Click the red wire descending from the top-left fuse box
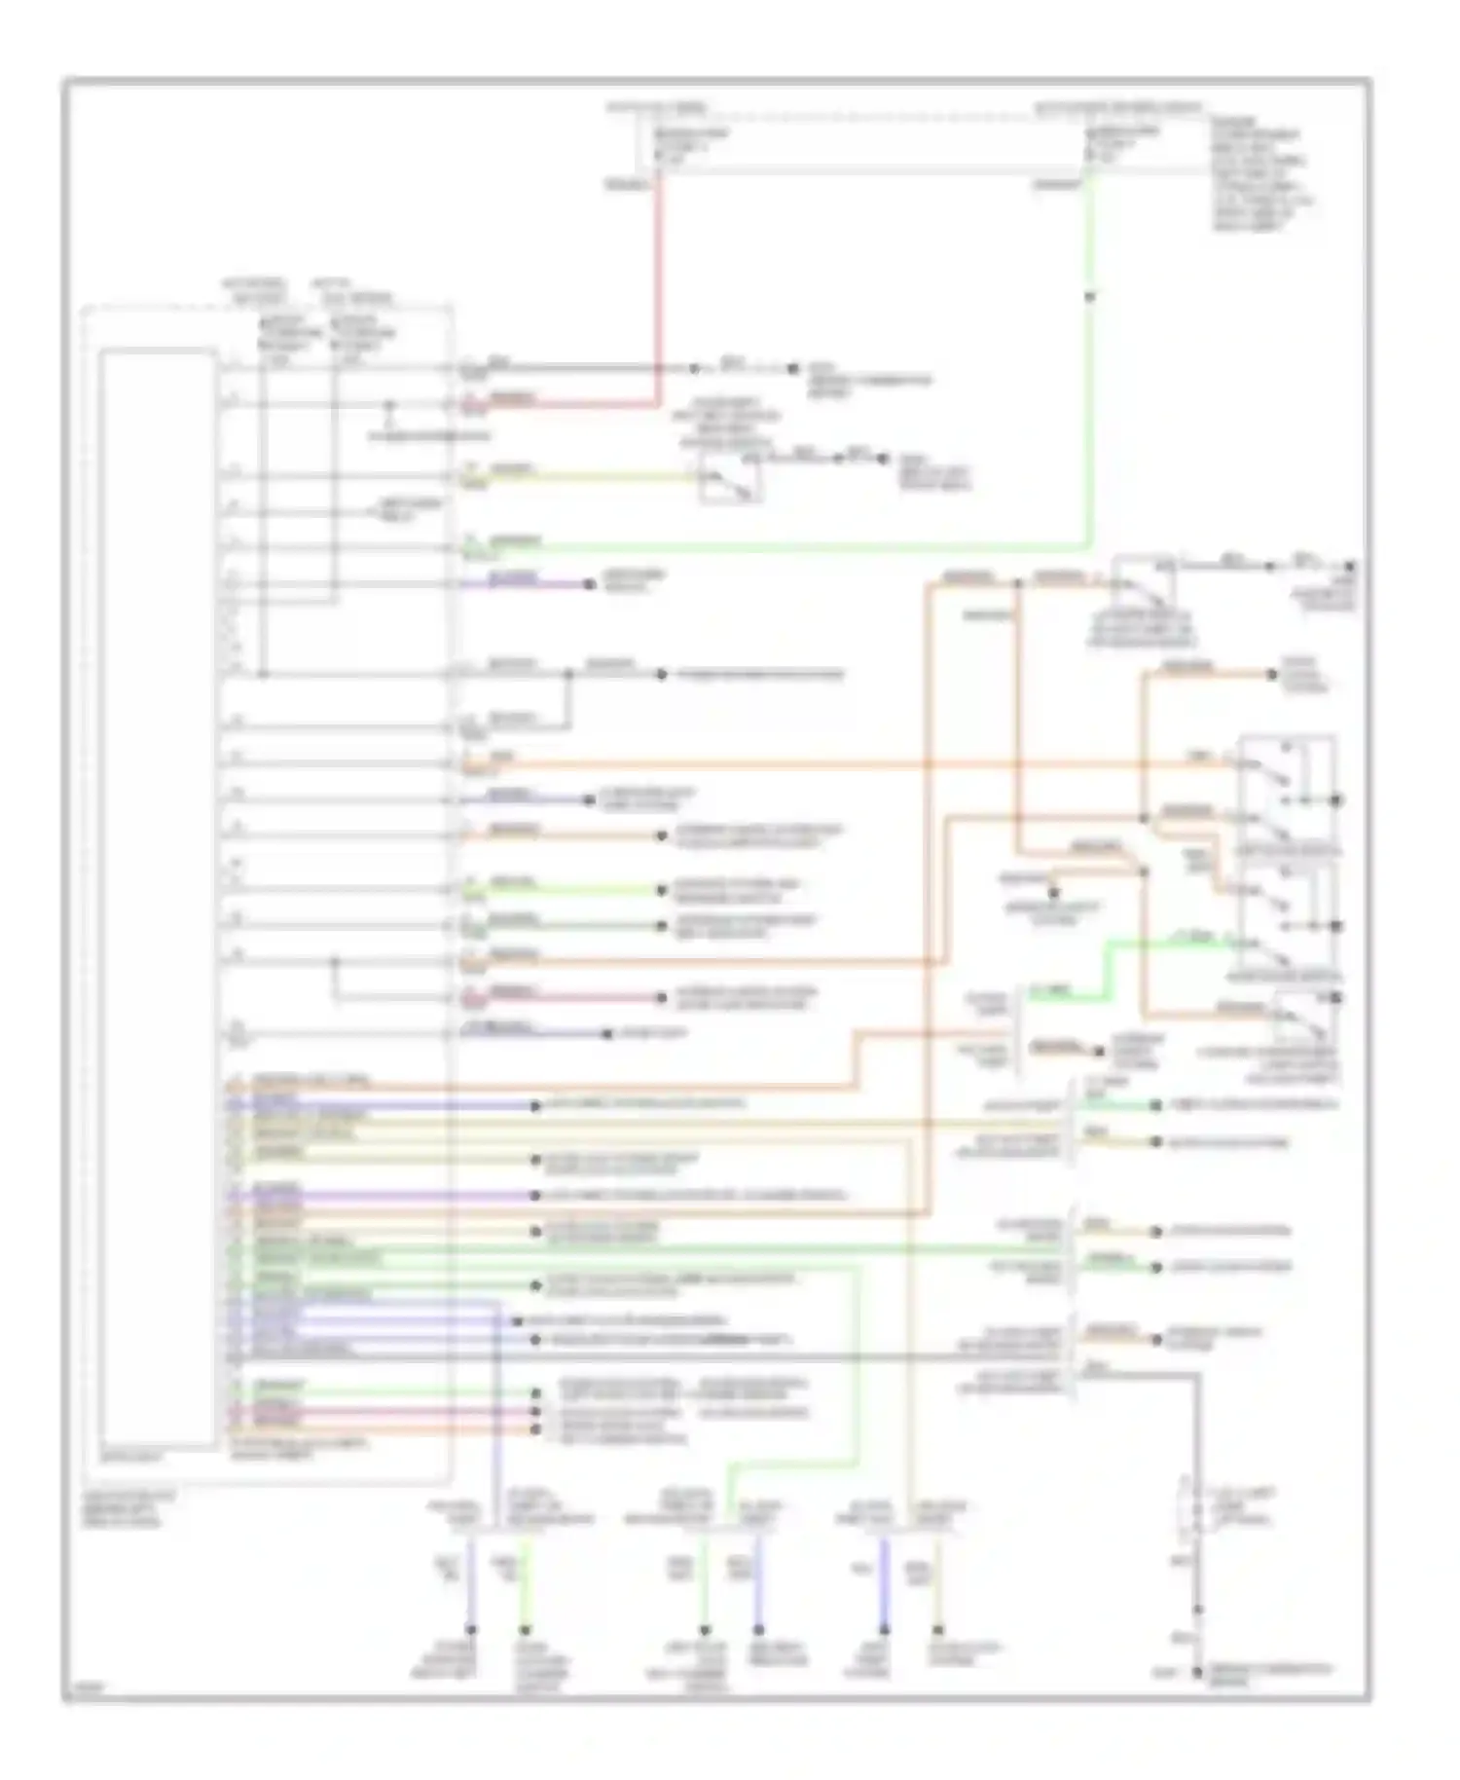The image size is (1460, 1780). coord(660,292)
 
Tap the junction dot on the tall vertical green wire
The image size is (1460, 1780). coord(1089,297)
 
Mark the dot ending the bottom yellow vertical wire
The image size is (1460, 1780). coord(938,1629)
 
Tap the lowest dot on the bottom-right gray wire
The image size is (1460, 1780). coord(1199,1673)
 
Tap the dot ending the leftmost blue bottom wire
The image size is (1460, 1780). coord(471,1629)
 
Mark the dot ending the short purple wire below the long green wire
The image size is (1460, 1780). coord(589,584)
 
